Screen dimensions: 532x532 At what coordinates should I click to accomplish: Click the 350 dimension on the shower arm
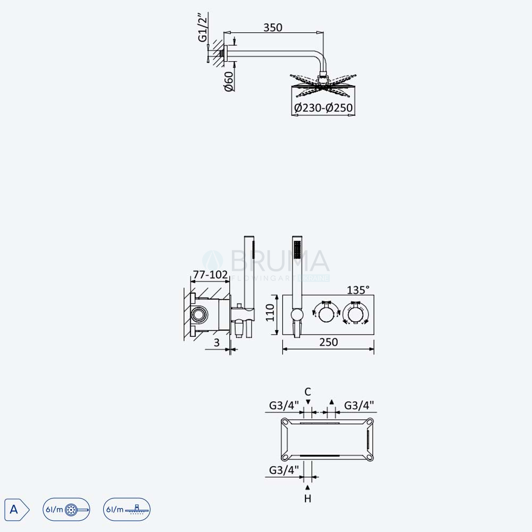pyautogui.click(x=273, y=27)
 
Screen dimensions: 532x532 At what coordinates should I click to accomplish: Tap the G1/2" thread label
pyautogui.click(x=202, y=28)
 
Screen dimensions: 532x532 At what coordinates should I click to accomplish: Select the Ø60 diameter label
pyautogui.click(x=229, y=81)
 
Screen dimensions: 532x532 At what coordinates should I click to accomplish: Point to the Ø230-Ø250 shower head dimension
pyautogui.click(x=323, y=108)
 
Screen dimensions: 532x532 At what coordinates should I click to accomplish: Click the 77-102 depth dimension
pyautogui.click(x=210, y=275)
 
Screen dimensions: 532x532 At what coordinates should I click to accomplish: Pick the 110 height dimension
pyautogui.click(x=270, y=312)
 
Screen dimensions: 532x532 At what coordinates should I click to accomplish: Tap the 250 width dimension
pyautogui.click(x=328, y=342)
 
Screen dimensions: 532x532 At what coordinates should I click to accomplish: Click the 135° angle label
pyautogui.click(x=358, y=290)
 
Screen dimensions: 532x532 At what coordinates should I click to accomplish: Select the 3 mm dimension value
pyautogui.click(x=217, y=343)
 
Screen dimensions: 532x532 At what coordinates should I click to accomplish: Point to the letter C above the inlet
pyautogui.click(x=307, y=392)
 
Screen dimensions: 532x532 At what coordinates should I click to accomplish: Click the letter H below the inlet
pyautogui.click(x=307, y=498)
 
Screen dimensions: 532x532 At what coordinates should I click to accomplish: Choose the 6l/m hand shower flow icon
pyautogui.click(x=66, y=509)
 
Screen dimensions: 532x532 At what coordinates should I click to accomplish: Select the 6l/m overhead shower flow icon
pyautogui.click(x=127, y=509)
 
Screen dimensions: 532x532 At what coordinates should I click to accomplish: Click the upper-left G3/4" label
pyautogui.click(x=284, y=405)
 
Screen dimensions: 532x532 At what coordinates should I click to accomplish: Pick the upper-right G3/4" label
pyautogui.click(x=359, y=405)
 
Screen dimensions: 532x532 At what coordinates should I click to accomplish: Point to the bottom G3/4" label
pyautogui.click(x=284, y=470)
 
